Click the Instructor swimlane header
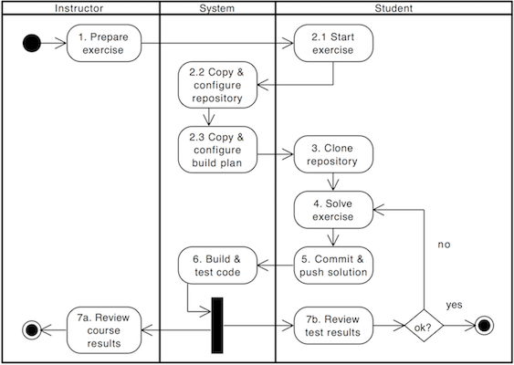pos(79,8)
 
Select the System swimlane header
pos(217,8)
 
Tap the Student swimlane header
pos(393,8)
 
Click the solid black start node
pos(33,42)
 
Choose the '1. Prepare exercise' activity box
pos(103,43)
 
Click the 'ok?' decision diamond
pos(423,326)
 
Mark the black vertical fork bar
pos(217,326)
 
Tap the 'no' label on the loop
pos(445,245)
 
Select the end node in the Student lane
pos(484,326)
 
